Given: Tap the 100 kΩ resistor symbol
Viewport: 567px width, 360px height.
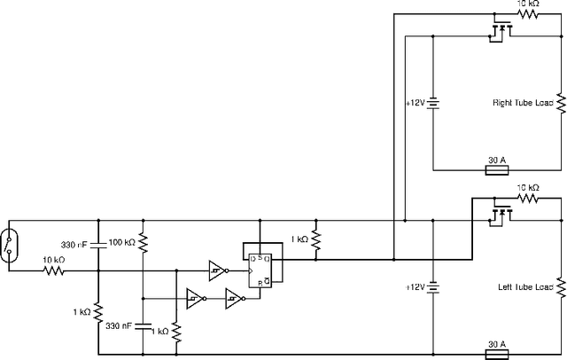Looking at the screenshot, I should pyautogui.click(x=143, y=243).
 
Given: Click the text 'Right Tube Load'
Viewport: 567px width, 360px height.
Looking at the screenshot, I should pyautogui.click(x=523, y=103).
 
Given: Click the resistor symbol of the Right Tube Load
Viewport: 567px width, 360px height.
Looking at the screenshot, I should pyautogui.click(x=561, y=103).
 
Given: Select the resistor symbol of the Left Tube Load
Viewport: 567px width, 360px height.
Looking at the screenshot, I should pyautogui.click(x=561, y=287).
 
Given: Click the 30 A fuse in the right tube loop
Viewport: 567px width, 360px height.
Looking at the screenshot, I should pyautogui.click(x=497, y=169).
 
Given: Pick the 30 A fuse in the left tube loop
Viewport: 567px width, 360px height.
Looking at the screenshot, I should pyautogui.click(x=497, y=353).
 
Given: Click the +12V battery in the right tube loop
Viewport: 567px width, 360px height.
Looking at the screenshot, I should pyautogui.click(x=432, y=103).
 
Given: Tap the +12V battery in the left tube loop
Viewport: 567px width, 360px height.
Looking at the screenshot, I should pyautogui.click(x=432, y=287).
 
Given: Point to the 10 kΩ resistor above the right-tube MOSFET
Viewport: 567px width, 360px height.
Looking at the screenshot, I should pyautogui.click(x=528, y=14).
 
